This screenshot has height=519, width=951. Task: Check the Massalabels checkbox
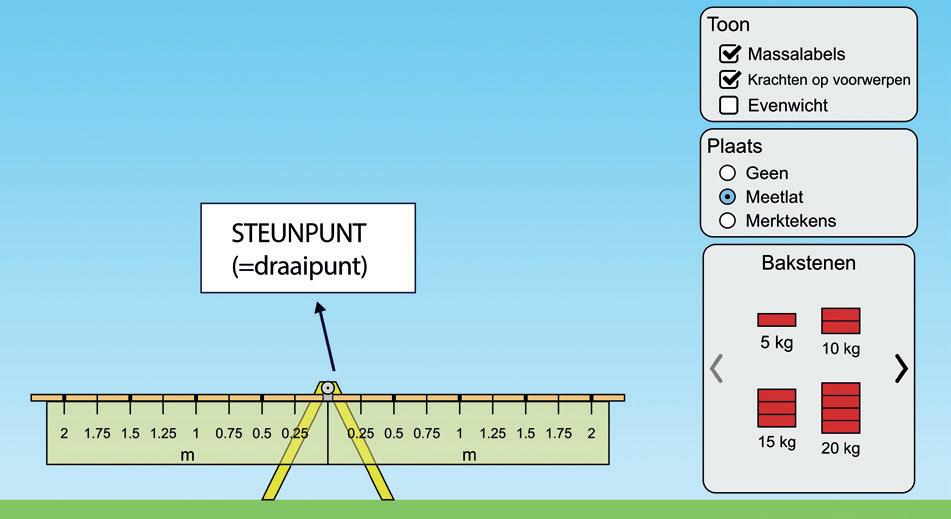730,54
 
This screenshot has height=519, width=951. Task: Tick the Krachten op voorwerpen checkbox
730,80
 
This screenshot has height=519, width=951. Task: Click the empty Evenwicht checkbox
730,105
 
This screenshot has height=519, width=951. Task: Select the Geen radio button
728,173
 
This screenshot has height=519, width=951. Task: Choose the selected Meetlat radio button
728,197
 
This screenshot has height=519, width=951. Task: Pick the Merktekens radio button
728,220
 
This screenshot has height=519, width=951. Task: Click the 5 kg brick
777,320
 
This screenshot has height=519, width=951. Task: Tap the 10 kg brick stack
841,321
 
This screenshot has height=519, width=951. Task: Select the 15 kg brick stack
777,409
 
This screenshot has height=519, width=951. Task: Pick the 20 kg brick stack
841,408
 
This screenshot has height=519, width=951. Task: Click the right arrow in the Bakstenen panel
901,368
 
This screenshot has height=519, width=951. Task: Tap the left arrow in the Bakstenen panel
716,368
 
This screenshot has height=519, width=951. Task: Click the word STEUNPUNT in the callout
299,234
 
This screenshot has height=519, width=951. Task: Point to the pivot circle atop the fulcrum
327,387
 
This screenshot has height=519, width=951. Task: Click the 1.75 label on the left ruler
97,434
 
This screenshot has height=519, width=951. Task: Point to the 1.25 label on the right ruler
492,434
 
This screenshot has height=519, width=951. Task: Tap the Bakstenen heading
808,265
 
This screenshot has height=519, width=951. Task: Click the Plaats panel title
735,146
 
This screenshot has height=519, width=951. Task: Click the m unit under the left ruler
187,455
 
